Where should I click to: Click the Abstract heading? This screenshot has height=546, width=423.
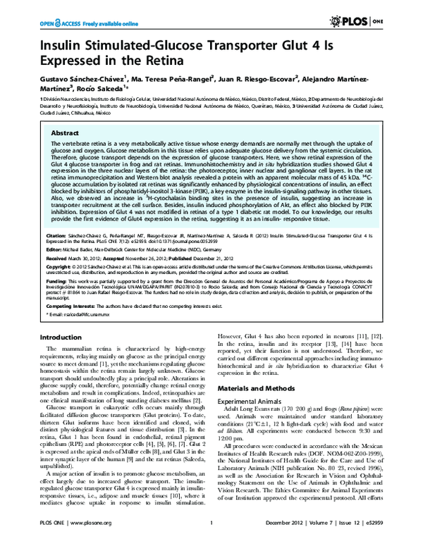66,132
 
